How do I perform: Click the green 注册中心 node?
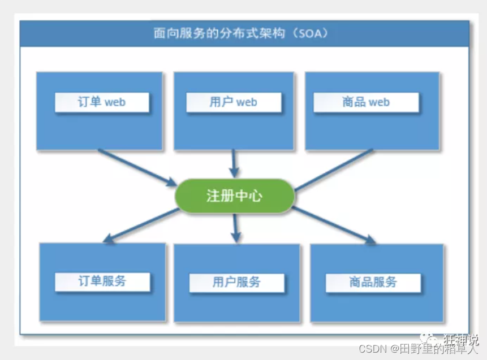click(x=235, y=196)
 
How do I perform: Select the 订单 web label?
click(x=102, y=102)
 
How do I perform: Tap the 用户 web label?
click(x=233, y=102)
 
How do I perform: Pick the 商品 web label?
click(x=366, y=102)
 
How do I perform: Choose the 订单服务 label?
click(x=102, y=281)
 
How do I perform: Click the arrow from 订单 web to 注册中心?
click(x=137, y=168)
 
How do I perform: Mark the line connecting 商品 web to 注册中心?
click(x=334, y=170)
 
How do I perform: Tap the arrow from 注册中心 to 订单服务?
click(x=141, y=225)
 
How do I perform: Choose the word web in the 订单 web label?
click(x=115, y=102)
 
